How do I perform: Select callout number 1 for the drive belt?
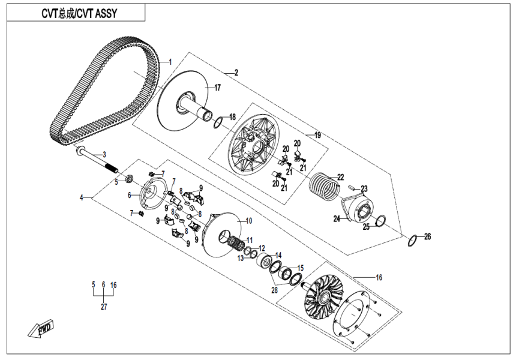coord(170,61)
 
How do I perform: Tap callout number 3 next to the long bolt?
coord(103,154)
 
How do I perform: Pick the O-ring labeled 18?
coord(218,124)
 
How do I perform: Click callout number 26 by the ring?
coord(427,236)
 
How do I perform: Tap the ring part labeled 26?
coord(412,242)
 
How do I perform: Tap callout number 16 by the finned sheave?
coord(379,277)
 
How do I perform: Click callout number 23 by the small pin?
coord(364,188)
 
